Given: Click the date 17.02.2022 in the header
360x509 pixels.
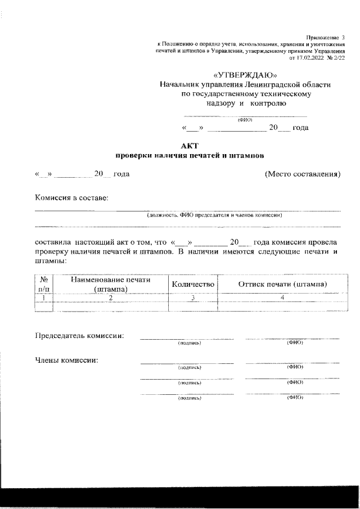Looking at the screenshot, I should pyautogui.click(x=311, y=57).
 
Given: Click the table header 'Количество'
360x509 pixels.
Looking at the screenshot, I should pyautogui.click(x=193, y=285).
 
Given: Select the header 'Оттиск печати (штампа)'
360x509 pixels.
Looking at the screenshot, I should pyautogui.click(x=283, y=285).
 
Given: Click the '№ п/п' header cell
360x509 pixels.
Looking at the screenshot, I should pyautogui.click(x=43, y=285).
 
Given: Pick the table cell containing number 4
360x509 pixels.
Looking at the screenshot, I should pyautogui.click(x=283, y=298).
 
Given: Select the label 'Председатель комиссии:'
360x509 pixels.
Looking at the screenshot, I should pyautogui.click(x=79, y=336).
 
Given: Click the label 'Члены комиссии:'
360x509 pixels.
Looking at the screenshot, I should pyautogui.click(x=67, y=360).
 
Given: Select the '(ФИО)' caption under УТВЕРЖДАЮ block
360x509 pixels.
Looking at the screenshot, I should pyautogui.click(x=245, y=119).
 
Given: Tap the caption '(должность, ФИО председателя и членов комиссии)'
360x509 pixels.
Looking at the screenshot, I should pyautogui.click(x=214, y=215).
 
